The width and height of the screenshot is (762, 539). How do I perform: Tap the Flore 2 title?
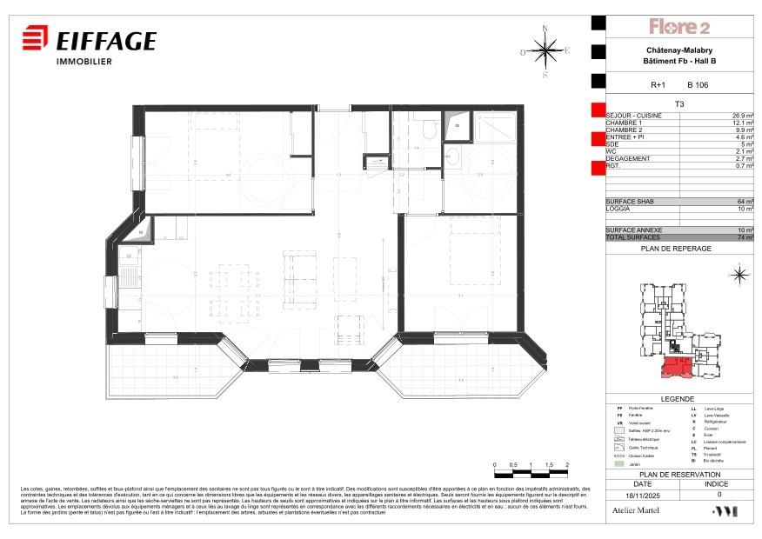[679, 27]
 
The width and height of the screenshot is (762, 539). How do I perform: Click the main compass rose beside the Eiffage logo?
[545, 51]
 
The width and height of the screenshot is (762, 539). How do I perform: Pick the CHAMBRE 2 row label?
[625, 130]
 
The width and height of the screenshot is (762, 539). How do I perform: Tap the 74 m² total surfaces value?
[745, 237]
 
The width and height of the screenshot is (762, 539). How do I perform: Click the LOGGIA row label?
[618, 210]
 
